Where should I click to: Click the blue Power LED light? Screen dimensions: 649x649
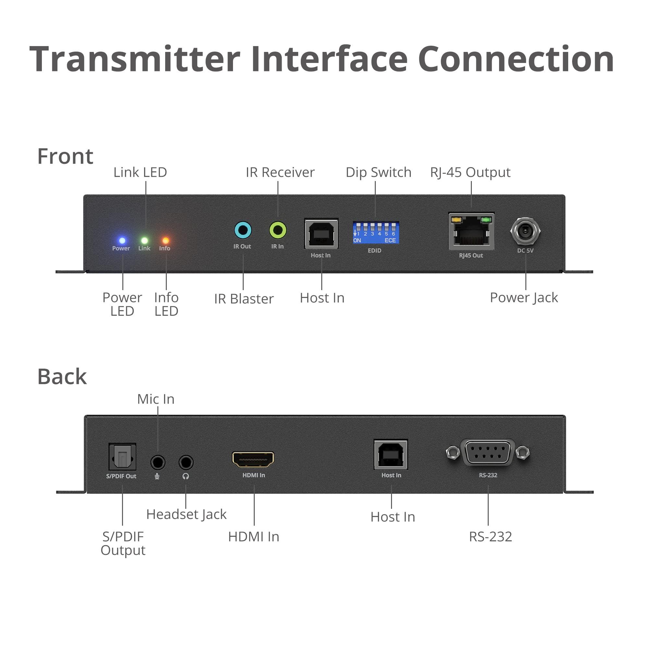(x=122, y=240)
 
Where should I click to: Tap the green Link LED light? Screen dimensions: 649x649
(x=144, y=240)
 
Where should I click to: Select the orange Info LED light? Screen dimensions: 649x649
(x=165, y=240)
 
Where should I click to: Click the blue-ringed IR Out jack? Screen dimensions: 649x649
(x=243, y=230)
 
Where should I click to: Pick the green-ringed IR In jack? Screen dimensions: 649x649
(x=278, y=230)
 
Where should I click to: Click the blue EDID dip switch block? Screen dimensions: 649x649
(x=375, y=232)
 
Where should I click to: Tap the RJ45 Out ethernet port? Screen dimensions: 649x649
(x=471, y=231)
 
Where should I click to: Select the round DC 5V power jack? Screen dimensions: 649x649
(x=525, y=231)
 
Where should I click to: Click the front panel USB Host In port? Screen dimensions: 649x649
(x=322, y=234)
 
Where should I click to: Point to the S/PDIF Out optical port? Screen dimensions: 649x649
(x=123, y=457)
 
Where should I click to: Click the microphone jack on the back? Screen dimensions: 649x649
(x=158, y=462)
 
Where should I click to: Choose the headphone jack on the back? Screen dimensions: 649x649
(x=186, y=462)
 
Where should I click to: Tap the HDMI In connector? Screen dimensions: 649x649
(x=253, y=459)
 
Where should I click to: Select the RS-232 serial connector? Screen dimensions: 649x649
(x=488, y=452)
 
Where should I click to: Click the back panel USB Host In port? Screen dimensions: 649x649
(x=391, y=455)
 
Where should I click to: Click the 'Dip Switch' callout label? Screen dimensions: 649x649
(x=378, y=172)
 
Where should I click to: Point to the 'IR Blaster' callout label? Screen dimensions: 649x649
(x=244, y=299)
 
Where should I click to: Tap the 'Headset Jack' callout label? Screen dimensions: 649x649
(x=187, y=514)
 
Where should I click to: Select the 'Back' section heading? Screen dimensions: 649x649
(x=62, y=376)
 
